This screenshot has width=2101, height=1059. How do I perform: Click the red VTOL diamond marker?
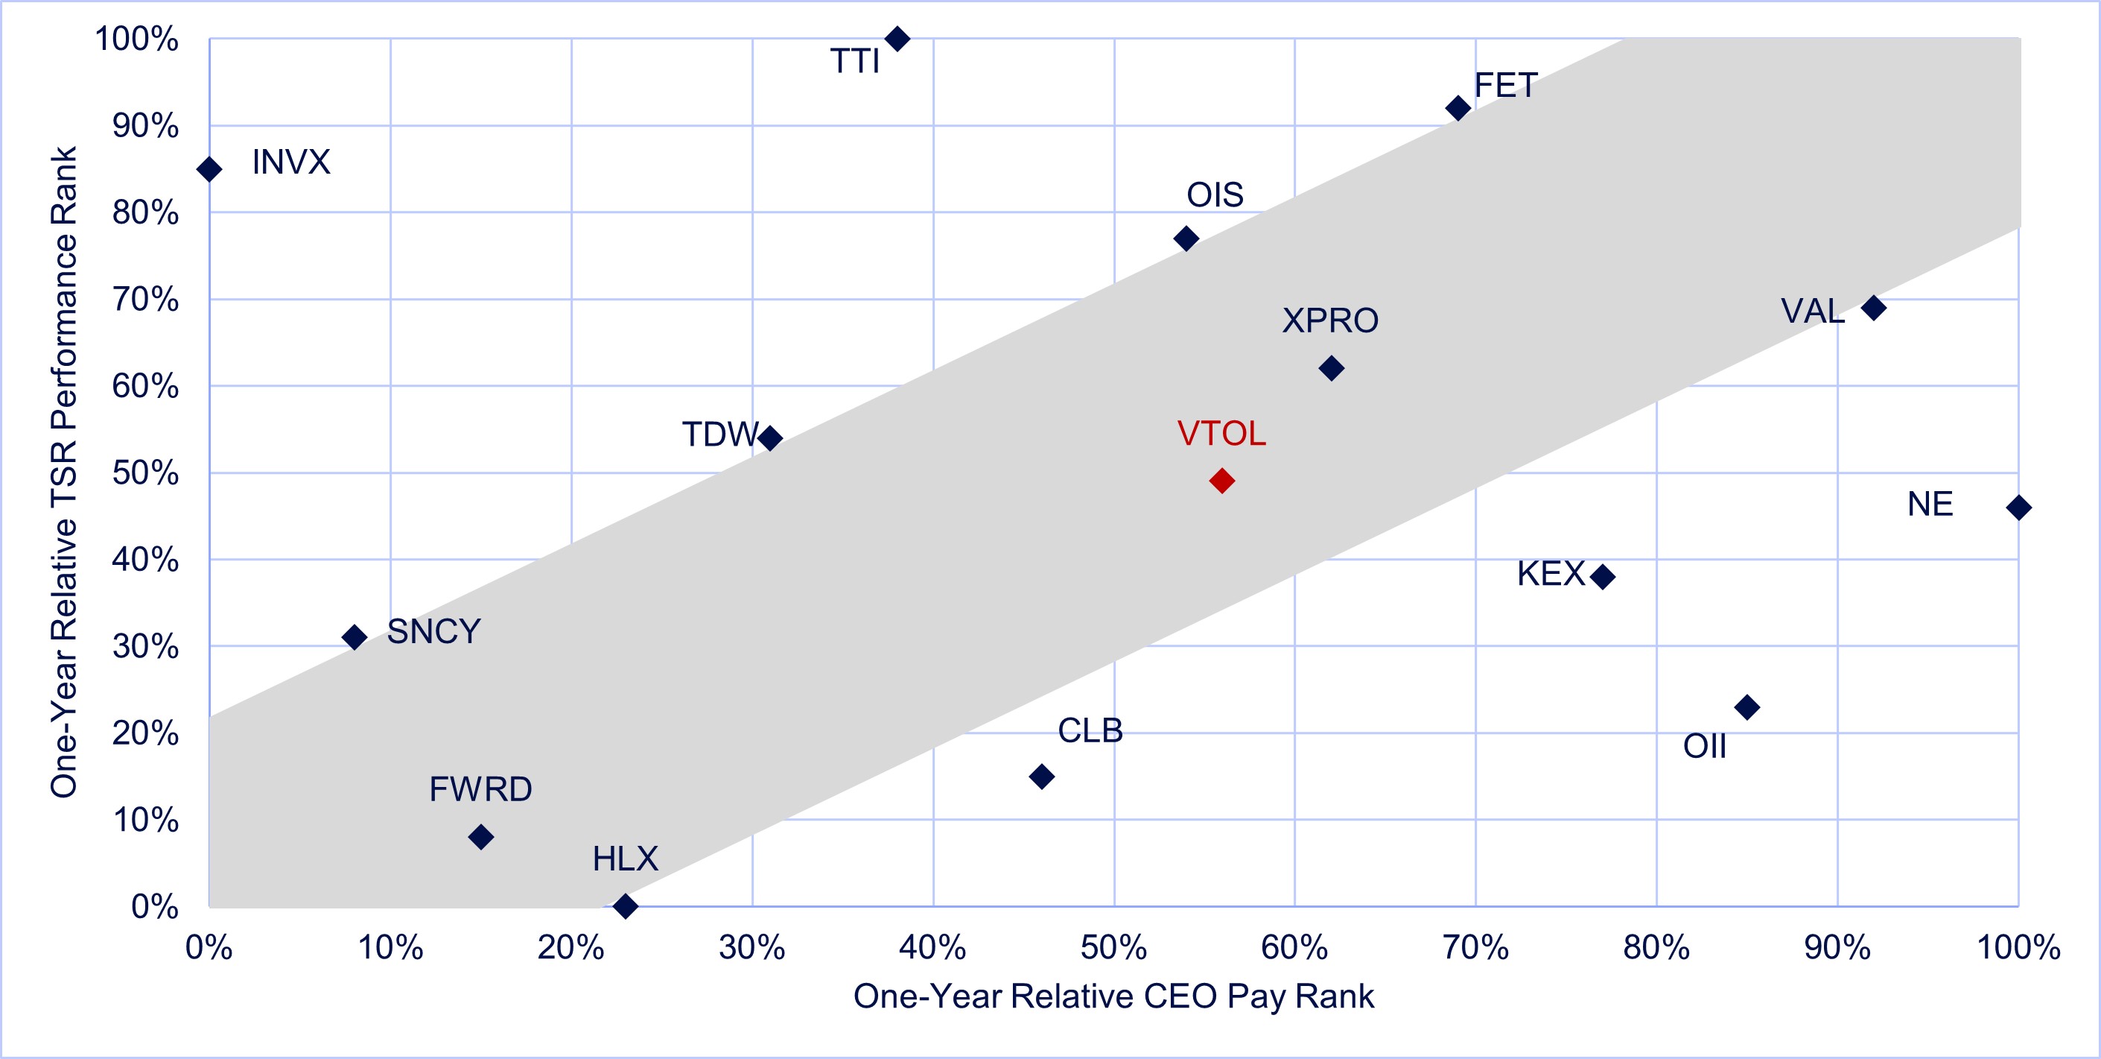pos(1221,481)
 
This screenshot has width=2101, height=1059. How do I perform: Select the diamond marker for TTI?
pos(897,38)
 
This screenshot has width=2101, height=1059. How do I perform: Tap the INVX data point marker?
pos(209,170)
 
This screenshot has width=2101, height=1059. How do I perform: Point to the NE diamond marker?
pos(2018,508)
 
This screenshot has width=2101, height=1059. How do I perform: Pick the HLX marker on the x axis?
pos(625,905)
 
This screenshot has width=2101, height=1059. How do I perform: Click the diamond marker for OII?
pos(1746,706)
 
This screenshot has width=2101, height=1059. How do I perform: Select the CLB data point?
pos(1040,776)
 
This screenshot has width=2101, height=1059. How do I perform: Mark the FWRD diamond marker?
pos(480,836)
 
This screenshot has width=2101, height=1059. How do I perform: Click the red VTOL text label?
pos(1221,434)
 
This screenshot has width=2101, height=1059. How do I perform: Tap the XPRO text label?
pos(1329,320)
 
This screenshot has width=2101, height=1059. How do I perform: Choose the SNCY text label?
pos(433,631)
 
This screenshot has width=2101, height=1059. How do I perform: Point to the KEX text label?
pos(1551,574)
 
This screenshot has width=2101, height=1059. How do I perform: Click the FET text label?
pos(1506,86)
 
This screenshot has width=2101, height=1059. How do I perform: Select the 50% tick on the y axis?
pos(145,473)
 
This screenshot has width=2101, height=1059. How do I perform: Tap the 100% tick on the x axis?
pos(2018,948)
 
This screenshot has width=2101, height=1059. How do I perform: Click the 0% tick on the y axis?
pos(154,906)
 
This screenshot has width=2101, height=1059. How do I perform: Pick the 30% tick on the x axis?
pos(751,948)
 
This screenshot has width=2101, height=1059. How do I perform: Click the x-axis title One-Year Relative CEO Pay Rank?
pos(1113,996)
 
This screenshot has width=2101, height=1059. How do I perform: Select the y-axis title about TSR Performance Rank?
pos(63,472)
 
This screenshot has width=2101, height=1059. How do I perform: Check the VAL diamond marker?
pos(1873,308)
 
